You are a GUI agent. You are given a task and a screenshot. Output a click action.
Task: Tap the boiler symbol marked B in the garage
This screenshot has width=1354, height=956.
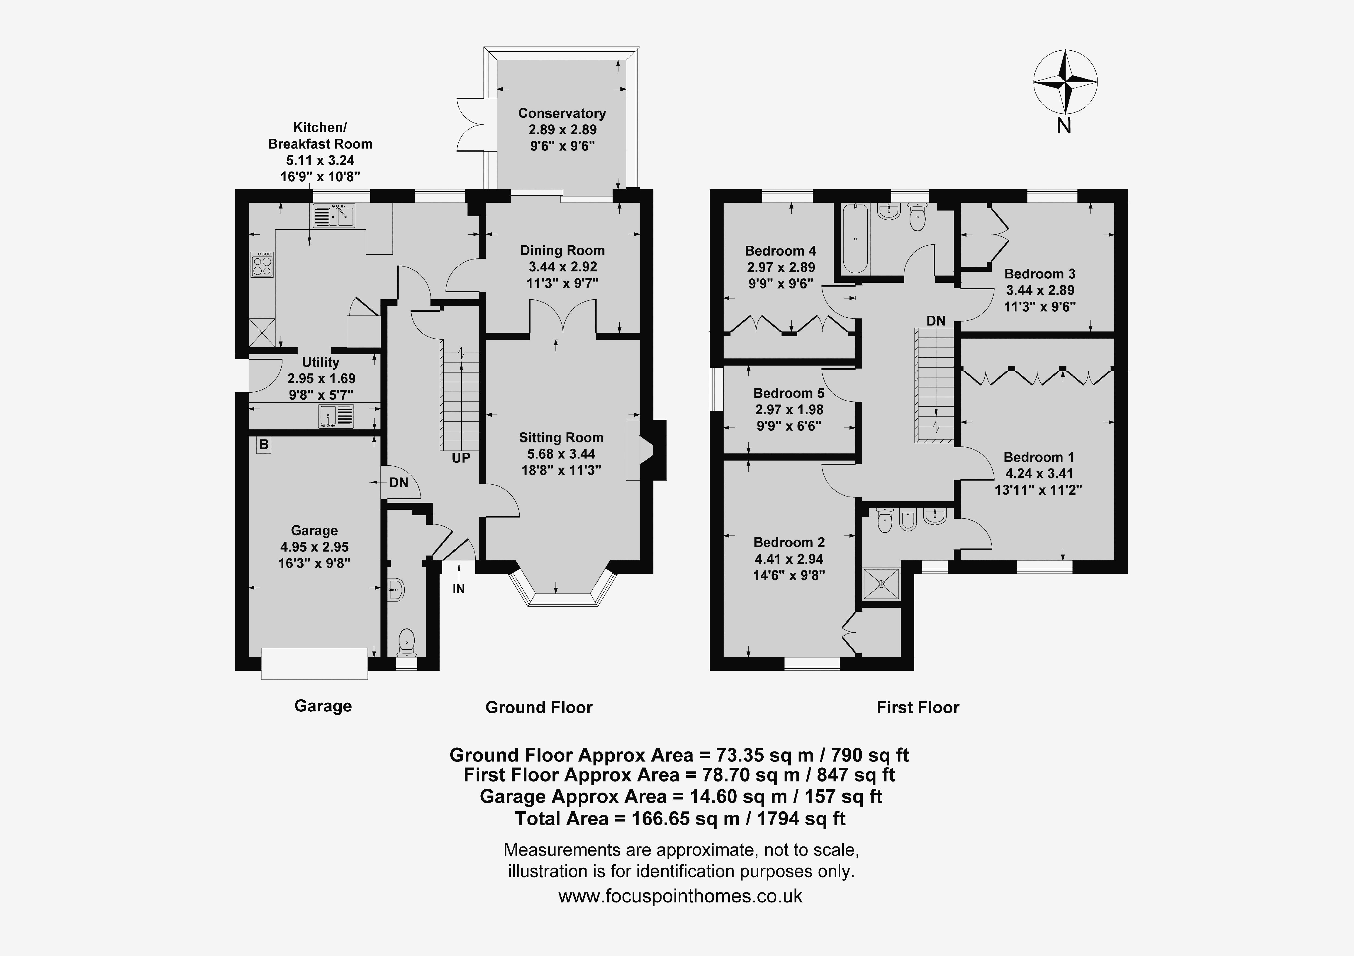coord(263,444)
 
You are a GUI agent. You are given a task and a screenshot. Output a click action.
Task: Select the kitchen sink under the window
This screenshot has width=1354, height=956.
coord(334,216)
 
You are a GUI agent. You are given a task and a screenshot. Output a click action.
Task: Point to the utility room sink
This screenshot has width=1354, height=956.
coord(336,416)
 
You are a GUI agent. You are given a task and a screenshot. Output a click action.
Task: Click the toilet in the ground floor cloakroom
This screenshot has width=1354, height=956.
coord(407,643)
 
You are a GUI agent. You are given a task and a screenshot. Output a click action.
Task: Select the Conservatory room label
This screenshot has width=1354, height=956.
coord(562,113)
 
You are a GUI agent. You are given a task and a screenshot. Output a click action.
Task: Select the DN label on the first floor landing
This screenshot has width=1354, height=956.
coord(936,321)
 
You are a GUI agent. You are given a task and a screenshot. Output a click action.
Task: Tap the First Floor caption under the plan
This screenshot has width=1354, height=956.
coord(918,707)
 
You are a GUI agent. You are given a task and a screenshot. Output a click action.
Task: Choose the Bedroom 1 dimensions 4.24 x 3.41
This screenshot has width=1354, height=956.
coord(1039,473)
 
